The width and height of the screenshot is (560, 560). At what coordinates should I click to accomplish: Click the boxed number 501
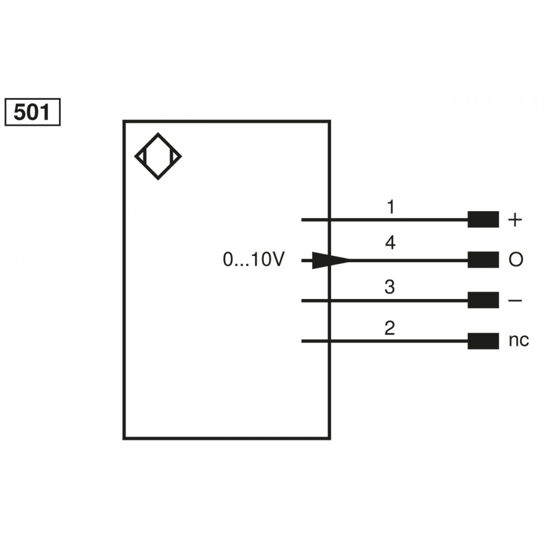tap(32, 113)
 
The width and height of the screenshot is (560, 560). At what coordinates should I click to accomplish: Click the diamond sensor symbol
tap(158, 156)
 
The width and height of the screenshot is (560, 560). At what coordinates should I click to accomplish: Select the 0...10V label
tap(254, 260)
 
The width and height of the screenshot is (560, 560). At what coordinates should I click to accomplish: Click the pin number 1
tap(390, 207)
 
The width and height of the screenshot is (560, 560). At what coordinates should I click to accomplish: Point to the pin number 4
tap(390, 243)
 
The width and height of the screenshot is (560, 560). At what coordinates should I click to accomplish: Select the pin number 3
tap(390, 287)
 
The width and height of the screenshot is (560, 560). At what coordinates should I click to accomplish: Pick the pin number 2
tap(390, 328)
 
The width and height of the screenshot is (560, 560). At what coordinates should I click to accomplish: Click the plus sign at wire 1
tap(514, 220)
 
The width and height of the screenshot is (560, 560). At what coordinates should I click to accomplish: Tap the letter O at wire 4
tap(515, 260)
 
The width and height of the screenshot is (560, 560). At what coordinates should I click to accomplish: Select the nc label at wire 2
tap(519, 340)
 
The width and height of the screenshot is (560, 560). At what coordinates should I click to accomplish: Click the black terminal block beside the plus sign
tap(483, 220)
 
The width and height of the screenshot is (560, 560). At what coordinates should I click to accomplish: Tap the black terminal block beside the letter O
tap(483, 260)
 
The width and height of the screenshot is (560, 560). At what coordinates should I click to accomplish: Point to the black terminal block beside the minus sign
tap(483, 301)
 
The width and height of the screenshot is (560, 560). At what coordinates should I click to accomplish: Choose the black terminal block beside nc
tap(483, 340)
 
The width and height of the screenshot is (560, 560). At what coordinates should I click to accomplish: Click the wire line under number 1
tap(392, 220)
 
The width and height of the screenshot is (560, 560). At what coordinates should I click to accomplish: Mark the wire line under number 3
tap(392, 301)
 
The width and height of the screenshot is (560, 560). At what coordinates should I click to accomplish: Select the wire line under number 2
tap(392, 340)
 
